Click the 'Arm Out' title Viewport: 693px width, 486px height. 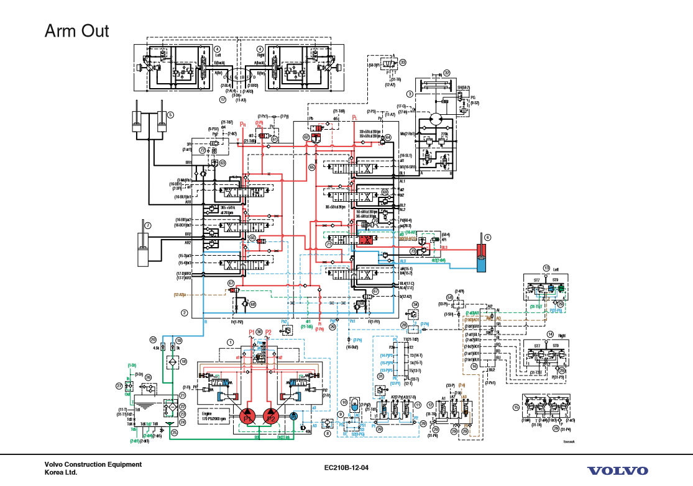tap(76, 31)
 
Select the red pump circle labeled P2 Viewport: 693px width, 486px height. tap(270, 417)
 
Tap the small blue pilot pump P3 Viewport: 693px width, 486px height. tap(294, 417)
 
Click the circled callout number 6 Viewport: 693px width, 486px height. tap(488, 237)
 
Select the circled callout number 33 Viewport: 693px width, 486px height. tap(403, 62)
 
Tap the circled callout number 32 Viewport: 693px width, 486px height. tap(446, 73)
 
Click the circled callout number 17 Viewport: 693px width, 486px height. tap(222, 99)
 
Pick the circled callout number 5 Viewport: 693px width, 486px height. tap(170, 114)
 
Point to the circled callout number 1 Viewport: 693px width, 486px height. tap(230, 342)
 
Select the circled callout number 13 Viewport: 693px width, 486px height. tap(546, 268)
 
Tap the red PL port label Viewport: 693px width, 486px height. tap(354, 117)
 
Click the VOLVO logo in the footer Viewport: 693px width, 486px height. tap(617, 471)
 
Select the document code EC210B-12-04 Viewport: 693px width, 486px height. tap(346, 467)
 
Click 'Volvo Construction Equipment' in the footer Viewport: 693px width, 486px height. tap(93, 464)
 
